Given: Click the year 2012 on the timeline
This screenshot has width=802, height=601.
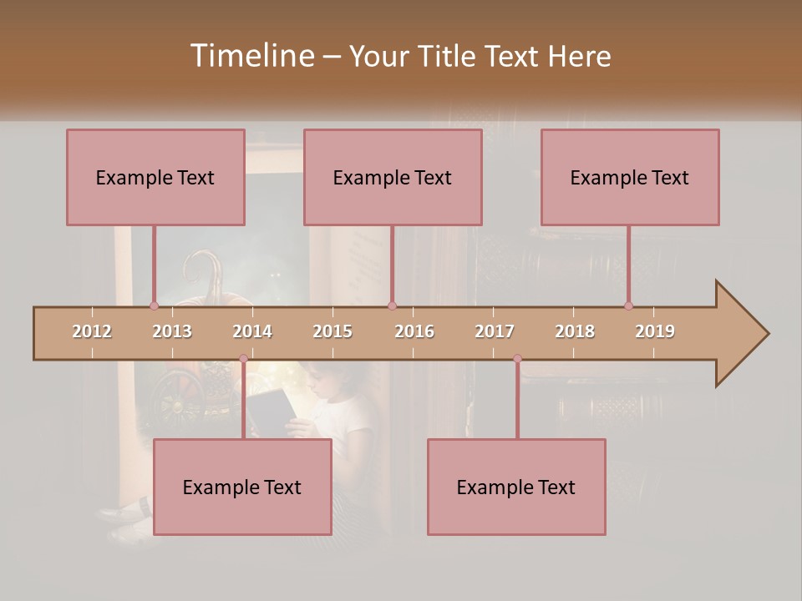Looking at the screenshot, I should [x=92, y=331].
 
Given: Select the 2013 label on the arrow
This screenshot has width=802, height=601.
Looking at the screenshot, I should [x=172, y=331].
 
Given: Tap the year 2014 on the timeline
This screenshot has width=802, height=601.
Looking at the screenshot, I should [x=252, y=331].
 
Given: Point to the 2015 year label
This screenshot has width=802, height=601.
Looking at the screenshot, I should [x=332, y=331].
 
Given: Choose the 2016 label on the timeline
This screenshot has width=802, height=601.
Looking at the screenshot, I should [x=414, y=331].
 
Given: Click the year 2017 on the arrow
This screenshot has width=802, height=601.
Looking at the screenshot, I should [x=495, y=331].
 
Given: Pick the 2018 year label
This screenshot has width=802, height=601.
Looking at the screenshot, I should [x=575, y=331].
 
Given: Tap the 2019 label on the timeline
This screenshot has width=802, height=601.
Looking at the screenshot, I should [x=655, y=331].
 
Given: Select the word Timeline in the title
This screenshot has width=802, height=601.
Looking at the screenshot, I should [x=251, y=56].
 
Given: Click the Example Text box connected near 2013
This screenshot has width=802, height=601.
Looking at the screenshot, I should [x=155, y=177].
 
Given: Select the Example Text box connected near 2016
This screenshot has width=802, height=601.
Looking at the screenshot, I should [x=393, y=177].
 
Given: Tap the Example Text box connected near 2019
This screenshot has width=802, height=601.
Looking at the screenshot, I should [x=630, y=177].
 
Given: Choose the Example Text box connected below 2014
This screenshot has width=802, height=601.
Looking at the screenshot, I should [x=242, y=487].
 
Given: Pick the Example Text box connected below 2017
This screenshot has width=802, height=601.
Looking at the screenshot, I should [x=516, y=487].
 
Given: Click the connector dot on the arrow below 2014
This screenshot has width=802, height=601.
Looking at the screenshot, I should [x=243, y=359].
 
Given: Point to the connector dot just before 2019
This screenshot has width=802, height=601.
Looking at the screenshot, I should [x=628, y=306].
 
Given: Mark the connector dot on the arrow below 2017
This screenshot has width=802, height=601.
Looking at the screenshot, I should [x=517, y=359].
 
